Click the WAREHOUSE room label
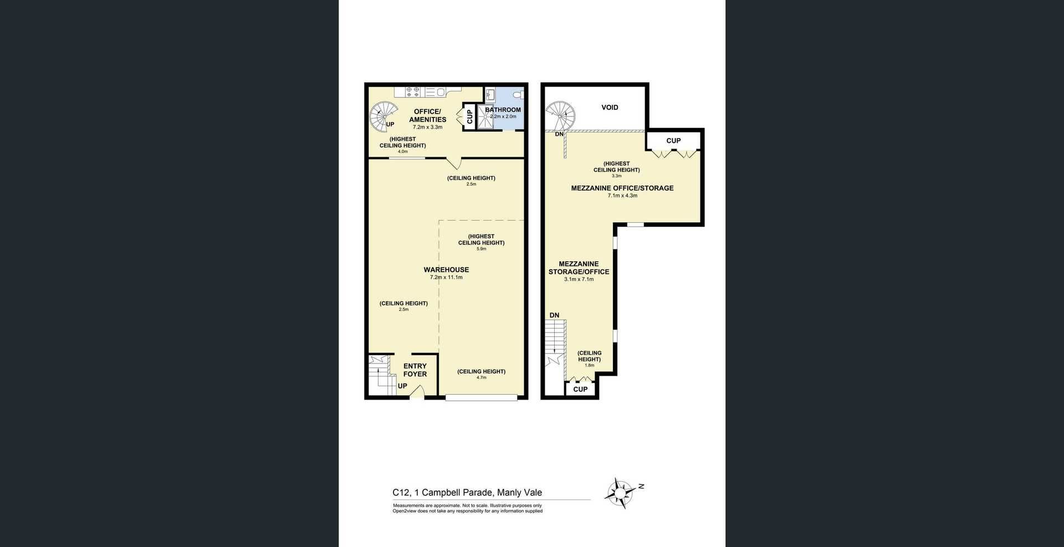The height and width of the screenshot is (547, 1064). (446, 270)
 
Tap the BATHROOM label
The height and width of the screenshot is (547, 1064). (503, 110)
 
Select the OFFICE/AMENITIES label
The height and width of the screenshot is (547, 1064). (427, 115)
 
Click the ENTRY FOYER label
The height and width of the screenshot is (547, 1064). (415, 370)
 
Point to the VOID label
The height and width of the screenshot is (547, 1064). (610, 108)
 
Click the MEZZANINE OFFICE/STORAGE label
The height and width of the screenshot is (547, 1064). (622, 188)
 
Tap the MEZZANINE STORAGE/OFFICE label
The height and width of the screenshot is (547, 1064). (579, 268)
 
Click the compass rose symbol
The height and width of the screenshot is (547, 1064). (621, 492)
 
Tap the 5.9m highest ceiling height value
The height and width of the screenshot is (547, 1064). (481, 249)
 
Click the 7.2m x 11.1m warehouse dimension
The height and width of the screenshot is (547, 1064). (446, 277)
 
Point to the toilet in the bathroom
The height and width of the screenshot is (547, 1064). (518, 95)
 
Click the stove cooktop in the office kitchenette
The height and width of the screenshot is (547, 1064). (412, 91)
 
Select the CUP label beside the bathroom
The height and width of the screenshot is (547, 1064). (469, 116)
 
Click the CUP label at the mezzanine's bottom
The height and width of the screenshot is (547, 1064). (580, 389)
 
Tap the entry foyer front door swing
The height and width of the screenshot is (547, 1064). (417, 392)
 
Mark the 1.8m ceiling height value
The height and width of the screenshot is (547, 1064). (589, 365)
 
